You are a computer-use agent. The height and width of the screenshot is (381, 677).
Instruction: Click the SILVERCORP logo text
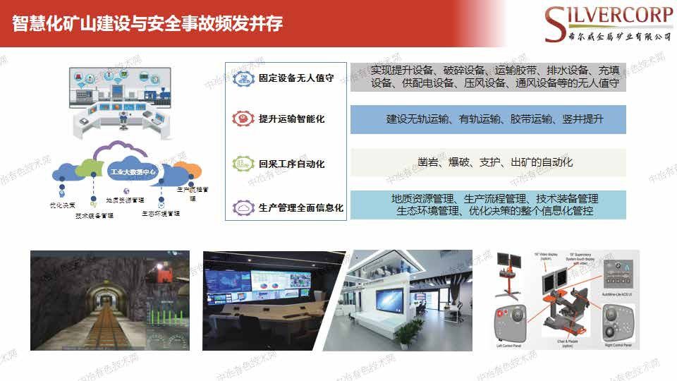tap(611, 16)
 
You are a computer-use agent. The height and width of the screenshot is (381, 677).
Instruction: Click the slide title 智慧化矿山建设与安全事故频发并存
tap(147, 24)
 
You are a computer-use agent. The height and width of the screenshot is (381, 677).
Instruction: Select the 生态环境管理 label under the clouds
tap(160, 212)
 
